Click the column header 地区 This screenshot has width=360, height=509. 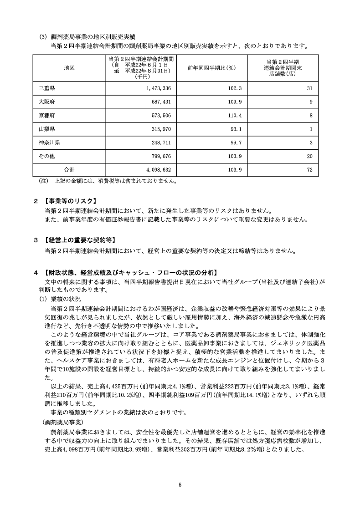pos(69,67)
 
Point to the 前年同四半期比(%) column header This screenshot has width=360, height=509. pos(211,67)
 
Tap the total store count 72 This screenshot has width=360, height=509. pos(309,170)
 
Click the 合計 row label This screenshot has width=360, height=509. pos(69,170)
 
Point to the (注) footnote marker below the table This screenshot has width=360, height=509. pos(44,181)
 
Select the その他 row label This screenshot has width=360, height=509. pos(46,156)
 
